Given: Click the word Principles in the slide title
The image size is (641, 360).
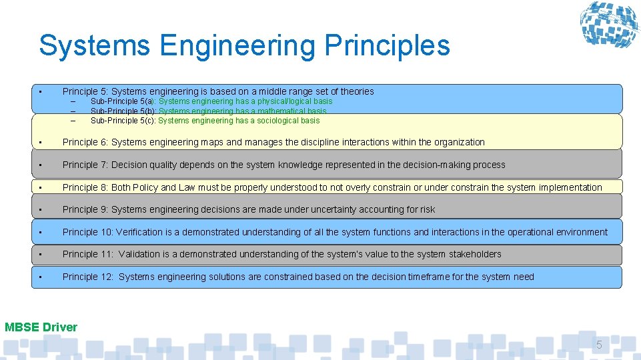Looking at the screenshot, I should [x=387, y=46].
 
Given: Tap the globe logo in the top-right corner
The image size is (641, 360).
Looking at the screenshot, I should [x=608, y=27].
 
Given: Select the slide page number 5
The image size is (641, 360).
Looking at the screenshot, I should [x=598, y=345].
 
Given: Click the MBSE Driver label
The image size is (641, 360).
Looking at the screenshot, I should [x=41, y=327].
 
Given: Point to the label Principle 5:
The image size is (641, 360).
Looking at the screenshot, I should [x=85, y=91].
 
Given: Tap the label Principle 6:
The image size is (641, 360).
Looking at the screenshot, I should [x=85, y=142].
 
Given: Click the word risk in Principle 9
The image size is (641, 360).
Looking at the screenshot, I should [x=426, y=209].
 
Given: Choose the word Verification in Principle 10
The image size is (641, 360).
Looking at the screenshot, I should [x=139, y=232].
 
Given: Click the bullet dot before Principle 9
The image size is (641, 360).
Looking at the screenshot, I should [x=41, y=209].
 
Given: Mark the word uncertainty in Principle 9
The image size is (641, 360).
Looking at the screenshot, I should [x=334, y=209].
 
